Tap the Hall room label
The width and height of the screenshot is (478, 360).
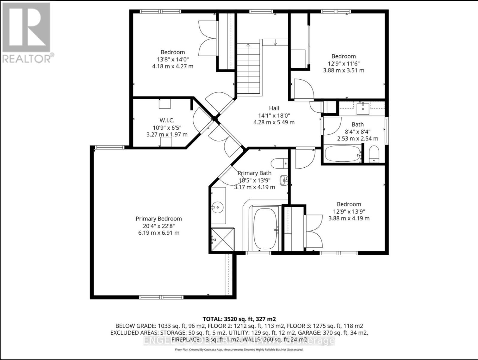(x=274, y=108)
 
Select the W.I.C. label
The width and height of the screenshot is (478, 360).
(x=167, y=120)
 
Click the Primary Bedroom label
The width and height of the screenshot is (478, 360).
(x=159, y=219)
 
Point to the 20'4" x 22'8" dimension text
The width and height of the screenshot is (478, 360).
(x=159, y=226)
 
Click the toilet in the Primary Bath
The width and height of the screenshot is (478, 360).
(x=279, y=163)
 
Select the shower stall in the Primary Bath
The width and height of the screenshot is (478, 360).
(x=223, y=239)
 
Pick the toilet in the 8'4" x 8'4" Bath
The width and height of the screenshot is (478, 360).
(x=374, y=154)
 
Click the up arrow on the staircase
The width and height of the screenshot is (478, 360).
(x=248, y=45)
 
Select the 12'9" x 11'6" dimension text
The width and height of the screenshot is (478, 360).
(x=344, y=63)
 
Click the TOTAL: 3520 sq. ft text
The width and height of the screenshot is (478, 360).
(x=239, y=319)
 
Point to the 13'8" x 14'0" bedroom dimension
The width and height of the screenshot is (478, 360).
(x=173, y=59)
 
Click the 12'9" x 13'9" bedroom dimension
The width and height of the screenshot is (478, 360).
(x=349, y=211)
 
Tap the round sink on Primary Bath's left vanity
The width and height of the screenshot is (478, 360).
(x=217, y=207)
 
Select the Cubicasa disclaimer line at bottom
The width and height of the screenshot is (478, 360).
(x=239, y=349)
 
